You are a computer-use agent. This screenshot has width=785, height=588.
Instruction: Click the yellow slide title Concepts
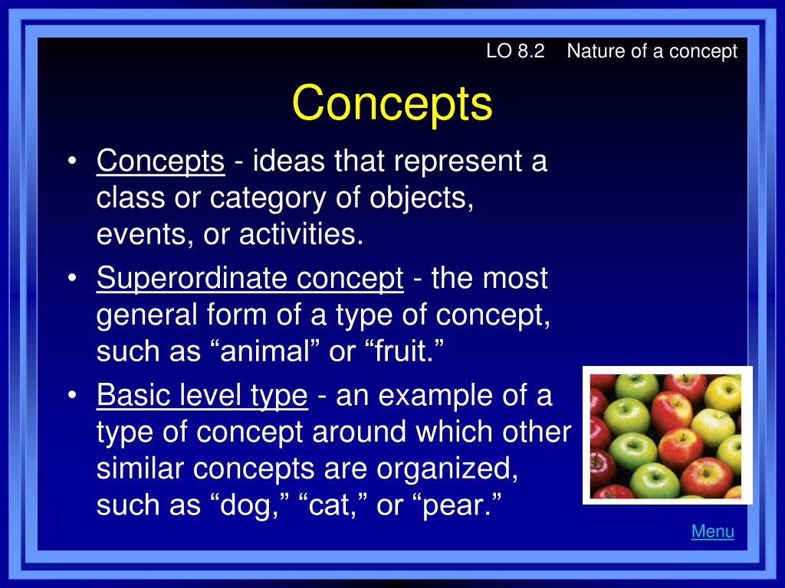click(392, 103)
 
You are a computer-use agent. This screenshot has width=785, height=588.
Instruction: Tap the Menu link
click(713, 531)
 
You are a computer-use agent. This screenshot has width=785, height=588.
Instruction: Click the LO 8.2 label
click(515, 51)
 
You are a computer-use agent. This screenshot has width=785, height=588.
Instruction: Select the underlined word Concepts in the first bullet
click(160, 161)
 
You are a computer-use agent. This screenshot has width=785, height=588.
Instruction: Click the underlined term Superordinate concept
click(250, 279)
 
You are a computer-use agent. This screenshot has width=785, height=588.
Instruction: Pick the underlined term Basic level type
click(202, 396)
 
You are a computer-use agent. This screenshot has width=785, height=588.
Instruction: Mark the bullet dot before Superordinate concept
click(73, 277)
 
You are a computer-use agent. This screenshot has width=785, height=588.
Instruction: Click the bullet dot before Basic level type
click(73, 394)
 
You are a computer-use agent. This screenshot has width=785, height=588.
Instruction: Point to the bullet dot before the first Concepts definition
click(73, 161)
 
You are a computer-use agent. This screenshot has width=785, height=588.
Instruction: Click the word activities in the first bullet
click(301, 234)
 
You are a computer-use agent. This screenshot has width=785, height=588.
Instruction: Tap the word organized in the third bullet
click(447, 469)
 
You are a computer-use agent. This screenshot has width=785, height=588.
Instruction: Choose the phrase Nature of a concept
click(652, 51)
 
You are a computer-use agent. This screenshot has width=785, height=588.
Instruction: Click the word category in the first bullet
click(268, 198)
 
